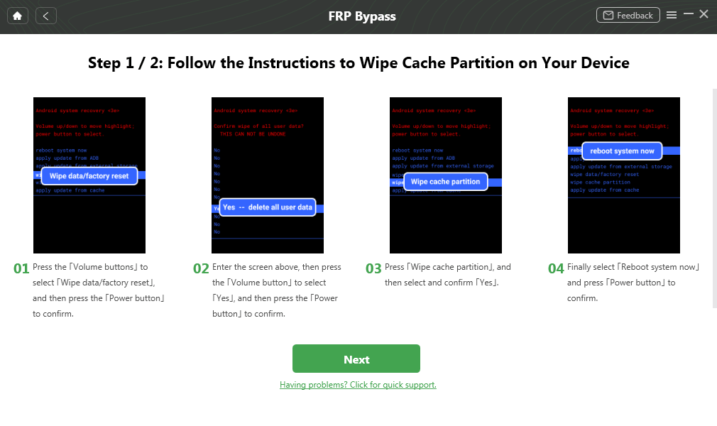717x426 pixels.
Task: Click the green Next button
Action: tap(356, 359)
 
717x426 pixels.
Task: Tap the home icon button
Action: tap(17, 16)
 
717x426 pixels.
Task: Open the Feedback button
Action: tap(628, 16)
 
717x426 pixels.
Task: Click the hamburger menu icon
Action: tap(672, 15)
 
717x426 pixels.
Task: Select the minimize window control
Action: tap(688, 15)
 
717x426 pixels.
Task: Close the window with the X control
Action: tap(704, 14)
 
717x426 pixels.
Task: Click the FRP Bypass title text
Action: tap(362, 16)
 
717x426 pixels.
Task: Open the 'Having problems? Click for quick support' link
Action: tap(358, 385)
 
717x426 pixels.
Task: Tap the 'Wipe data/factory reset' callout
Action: tap(89, 175)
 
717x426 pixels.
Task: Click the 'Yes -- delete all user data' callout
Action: tap(267, 207)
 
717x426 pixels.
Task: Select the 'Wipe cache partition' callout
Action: tap(445, 182)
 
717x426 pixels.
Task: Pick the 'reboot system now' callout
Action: tap(622, 151)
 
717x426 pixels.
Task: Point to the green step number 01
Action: tap(21, 269)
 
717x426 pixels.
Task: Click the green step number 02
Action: tap(201, 269)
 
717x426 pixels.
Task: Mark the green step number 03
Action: tap(373, 269)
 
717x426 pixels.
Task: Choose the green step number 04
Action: tap(556, 269)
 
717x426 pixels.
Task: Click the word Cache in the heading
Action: tap(436, 62)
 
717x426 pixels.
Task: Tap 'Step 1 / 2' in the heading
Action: tap(118, 62)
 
